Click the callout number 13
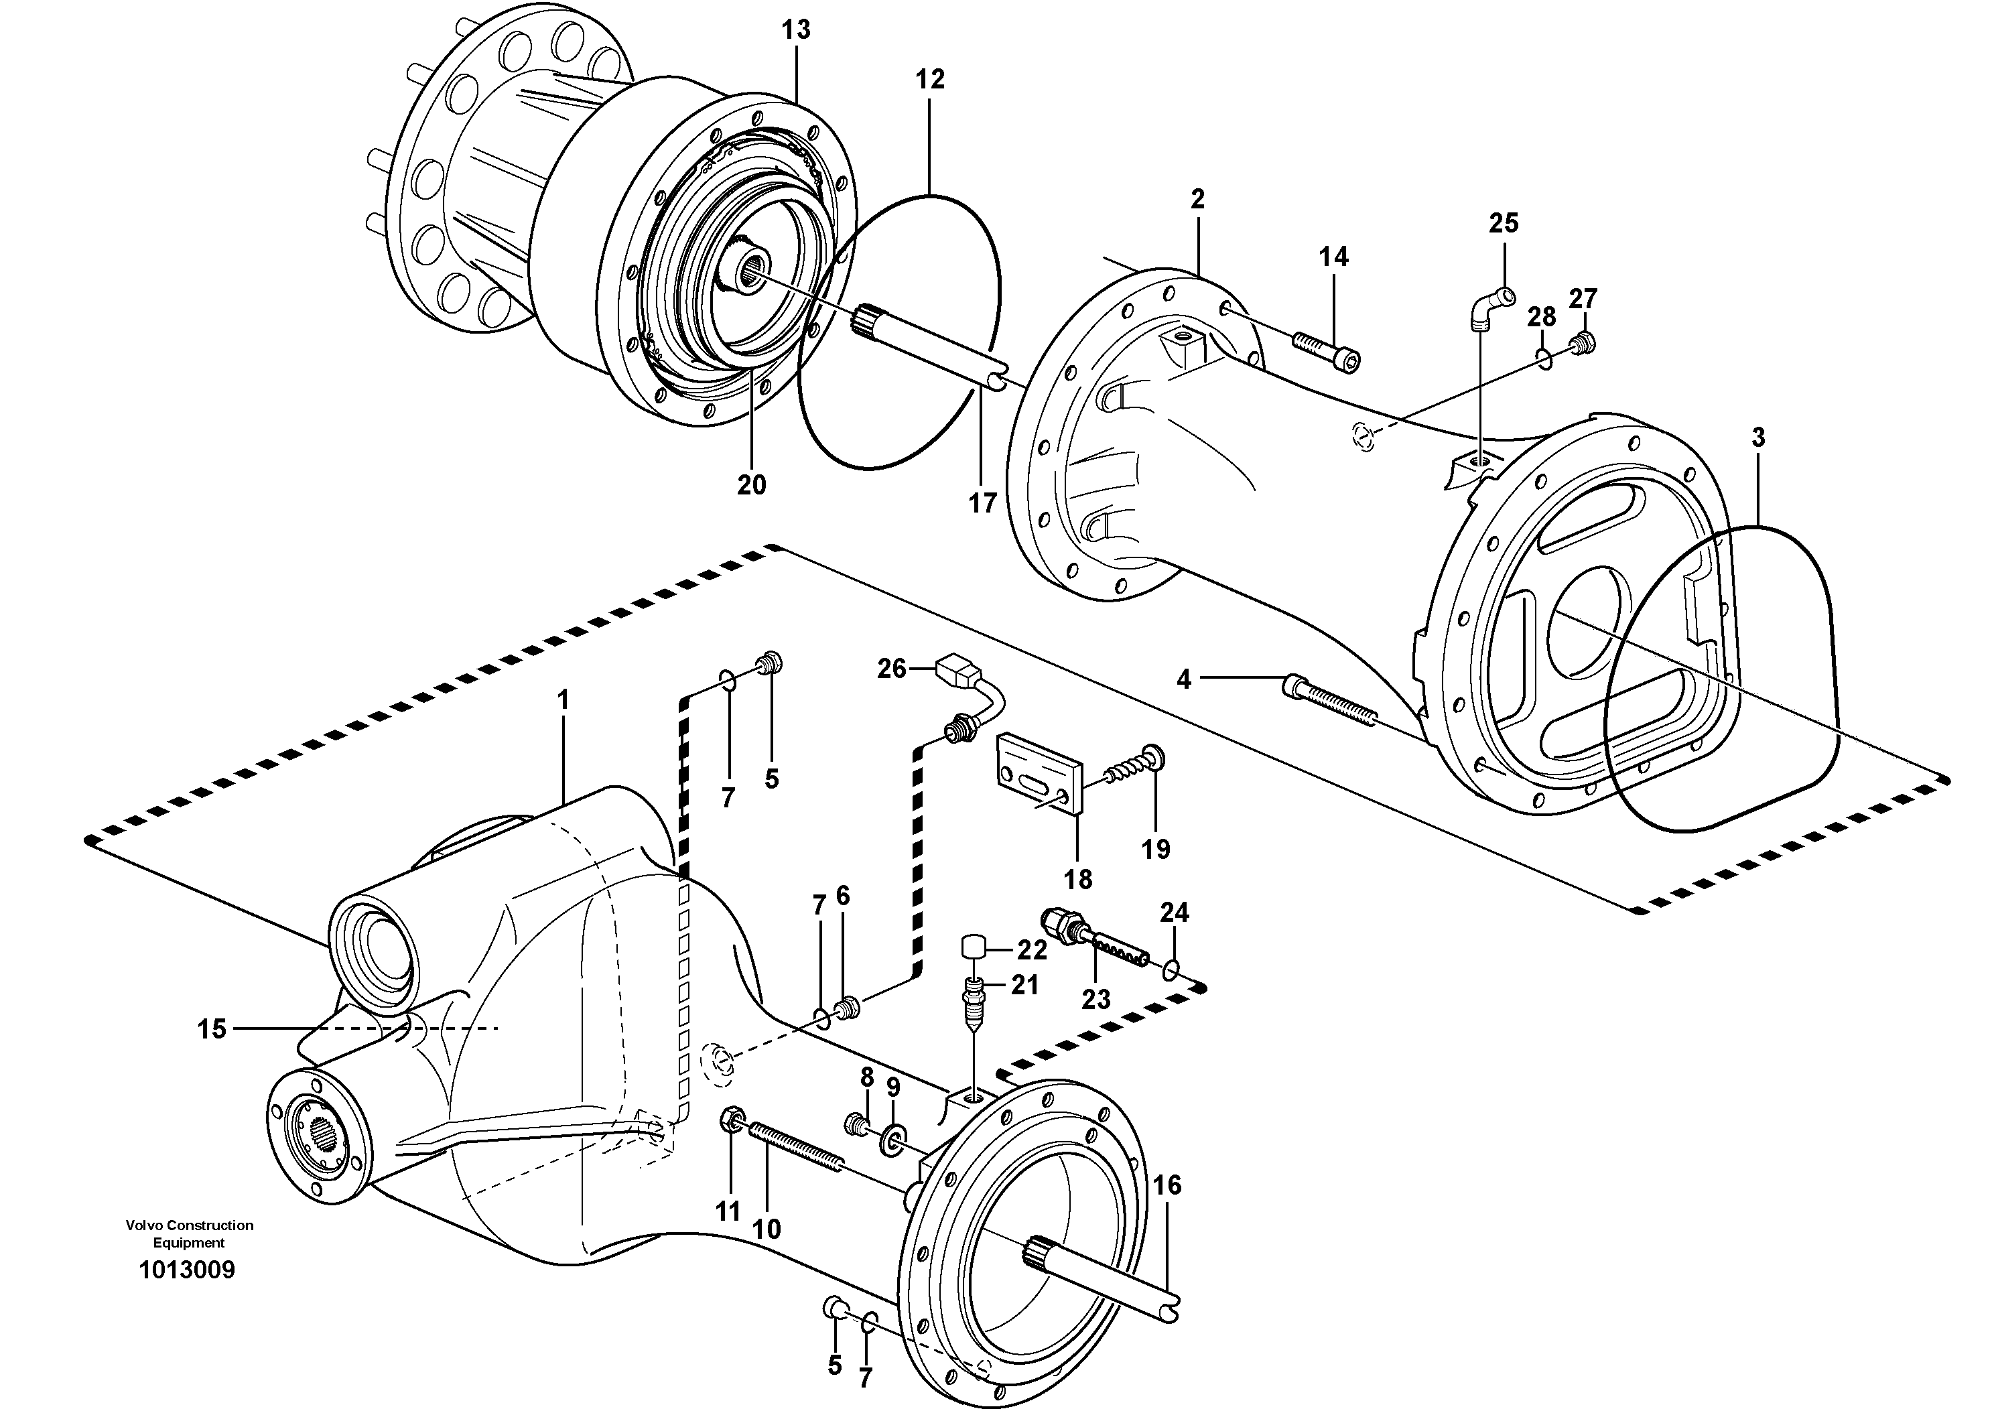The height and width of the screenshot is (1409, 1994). click(x=795, y=30)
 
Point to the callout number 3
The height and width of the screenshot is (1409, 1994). click(x=1757, y=438)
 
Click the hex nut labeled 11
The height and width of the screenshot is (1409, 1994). click(x=730, y=1119)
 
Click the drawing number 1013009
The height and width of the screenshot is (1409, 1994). click(x=187, y=1270)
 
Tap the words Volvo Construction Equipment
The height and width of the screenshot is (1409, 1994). click(x=190, y=1233)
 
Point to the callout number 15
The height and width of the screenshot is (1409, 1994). click(x=211, y=1029)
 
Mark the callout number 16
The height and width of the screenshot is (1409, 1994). click(x=1167, y=1185)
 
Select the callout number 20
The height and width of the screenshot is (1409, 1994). click(x=751, y=484)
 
